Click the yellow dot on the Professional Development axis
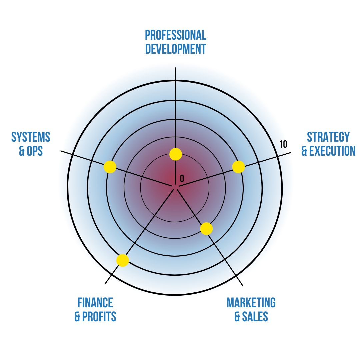coord(176,154)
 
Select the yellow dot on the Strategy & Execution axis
coord(239,167)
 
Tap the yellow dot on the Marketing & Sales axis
coord(206,229)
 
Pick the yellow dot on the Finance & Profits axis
coord(123,260)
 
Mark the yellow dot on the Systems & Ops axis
coord(110,167)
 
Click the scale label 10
coord(284,144)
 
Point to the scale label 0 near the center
coord(182,178)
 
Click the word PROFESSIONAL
coord(176,35)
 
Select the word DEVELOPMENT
coord(176,49)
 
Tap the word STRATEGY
coord(328,137)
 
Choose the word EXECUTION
coord(332,151)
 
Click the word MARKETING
coord(251,303)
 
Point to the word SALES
coord(255,317)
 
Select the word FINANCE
coord(95,303)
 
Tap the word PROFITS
coord(99,317)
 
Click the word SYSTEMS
coord(31,137)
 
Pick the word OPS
coord(35,151)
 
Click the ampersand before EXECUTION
coord(304,151)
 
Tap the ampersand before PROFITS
coord(77,317)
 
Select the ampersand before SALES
coord(237,317)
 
